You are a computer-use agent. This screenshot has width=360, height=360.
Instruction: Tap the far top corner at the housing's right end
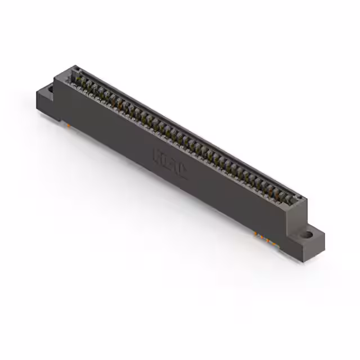click(x=307, y=198)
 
